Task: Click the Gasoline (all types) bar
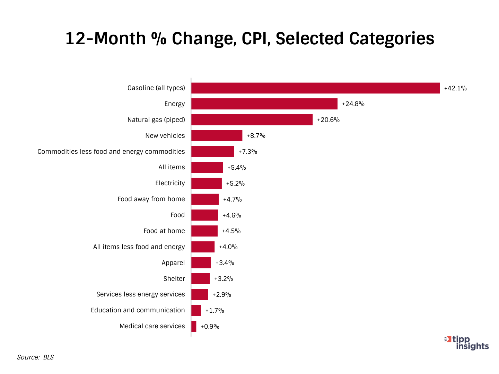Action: (315, 88)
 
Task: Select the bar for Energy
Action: (264, 104)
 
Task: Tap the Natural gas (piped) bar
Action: (252, 120)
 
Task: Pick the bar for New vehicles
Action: (217, 136)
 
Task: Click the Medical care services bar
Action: (194, 326)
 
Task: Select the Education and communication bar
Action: (196, 310)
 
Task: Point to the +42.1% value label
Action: (455, 88)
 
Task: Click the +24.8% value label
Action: (353, 104)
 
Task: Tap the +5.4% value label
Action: (236, 168)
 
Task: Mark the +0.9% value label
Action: (210, 327)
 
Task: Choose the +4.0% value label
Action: (228, 247)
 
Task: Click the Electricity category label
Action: (170, 183)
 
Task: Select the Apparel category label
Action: (173, 263)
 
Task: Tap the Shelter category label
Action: (174, 279)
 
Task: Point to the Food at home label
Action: (164, 231)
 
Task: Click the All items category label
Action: (172, 167)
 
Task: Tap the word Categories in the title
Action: (392, 38)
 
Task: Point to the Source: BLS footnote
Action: (35, 357)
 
